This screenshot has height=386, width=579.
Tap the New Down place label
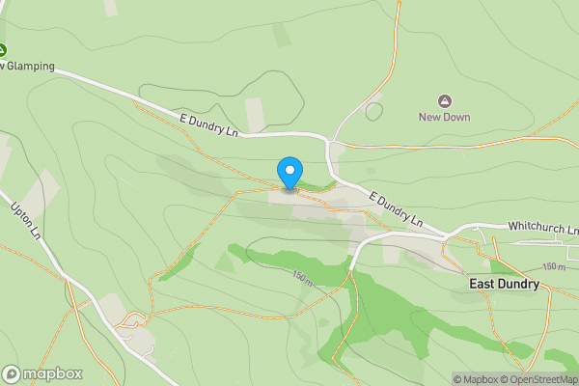click(x=444, y=118)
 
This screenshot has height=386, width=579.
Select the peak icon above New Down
click(x=444, y=100)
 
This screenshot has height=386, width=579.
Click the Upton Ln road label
click(x=26, y=220)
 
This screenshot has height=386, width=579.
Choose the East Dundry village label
click(x=504, y=284)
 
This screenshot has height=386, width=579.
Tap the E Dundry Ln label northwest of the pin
click(x=208, y=124)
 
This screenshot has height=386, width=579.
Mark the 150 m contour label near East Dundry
click(x=554, y=266)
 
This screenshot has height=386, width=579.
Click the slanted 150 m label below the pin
click(x=302, y=278)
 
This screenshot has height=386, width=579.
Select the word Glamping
click(x=29, y=68)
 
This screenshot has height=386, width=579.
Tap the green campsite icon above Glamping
click(x=2, y=50)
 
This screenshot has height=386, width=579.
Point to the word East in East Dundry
click(x=483, y=284)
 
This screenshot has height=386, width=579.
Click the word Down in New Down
click(x=457, y=118)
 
